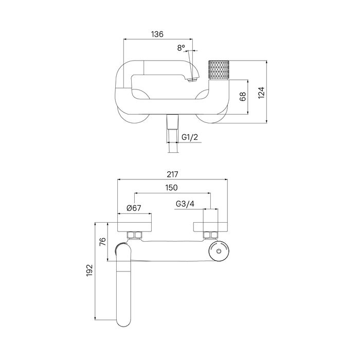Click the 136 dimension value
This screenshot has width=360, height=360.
[x=157, y=34]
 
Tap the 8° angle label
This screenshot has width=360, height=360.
[x=181, y=48]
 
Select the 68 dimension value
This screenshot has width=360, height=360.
[x=243, y=97]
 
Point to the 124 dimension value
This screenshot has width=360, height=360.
[x=261, y=92]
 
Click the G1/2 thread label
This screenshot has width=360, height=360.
[x=190, y=137]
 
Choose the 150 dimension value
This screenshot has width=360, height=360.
[x=172, y=189]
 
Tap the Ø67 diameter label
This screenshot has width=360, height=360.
[x=133, y=208]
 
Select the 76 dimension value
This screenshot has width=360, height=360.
[x=102, y=242]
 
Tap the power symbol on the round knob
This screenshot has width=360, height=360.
[x=219, y=252]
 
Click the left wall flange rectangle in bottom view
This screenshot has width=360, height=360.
[x=135, y=226]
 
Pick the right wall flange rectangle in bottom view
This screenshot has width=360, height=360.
[x=210, y=226]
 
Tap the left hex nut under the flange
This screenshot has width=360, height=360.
[x=135, y=236]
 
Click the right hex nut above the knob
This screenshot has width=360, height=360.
[x=210, y=236]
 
